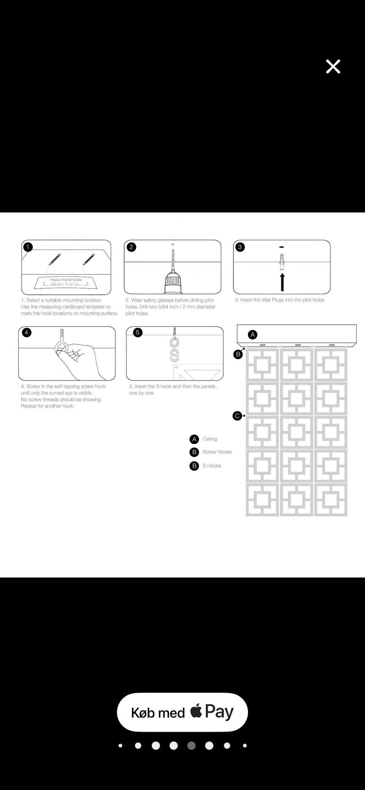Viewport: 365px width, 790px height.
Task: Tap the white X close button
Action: point(333,67)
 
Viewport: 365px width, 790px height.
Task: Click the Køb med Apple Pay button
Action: point(182,712)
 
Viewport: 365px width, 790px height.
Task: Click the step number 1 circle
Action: point(28,247)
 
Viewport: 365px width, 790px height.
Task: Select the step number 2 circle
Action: point(131,247)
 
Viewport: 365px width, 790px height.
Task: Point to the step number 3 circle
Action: point(240,247)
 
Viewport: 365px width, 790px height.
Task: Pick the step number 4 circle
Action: point(26,333)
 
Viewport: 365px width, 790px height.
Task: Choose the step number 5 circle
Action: point(138,333)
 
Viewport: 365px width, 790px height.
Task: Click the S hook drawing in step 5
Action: point(175,355)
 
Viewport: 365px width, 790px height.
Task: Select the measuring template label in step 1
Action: point(66,280)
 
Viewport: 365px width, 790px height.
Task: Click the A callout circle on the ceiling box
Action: point(253,335)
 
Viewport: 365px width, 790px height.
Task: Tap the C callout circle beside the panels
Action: point(237,416)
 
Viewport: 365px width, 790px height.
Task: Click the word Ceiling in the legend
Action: point(210,439)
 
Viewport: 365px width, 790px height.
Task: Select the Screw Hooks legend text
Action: point(217,452)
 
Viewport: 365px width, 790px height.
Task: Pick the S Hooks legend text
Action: point(212,466)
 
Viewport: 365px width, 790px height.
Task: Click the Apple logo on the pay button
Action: point(196,711)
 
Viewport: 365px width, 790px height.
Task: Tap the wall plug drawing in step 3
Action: point(282,261)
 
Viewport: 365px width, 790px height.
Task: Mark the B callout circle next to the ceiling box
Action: point(238,354)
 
